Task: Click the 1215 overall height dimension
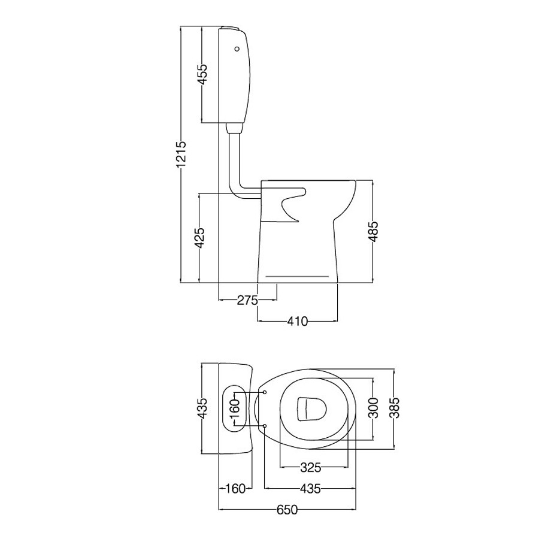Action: coord(181,155)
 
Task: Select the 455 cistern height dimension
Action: coord(202,74)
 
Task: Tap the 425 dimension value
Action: coord(199,238)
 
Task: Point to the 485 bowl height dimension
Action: coord(373,231)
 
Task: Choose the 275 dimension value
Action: coord(247,300)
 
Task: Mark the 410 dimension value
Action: coord(298,321)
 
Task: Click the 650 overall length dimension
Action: coord(287,510)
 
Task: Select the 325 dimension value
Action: coord(310,468)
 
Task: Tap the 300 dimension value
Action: coord(373,408)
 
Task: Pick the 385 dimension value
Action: coord(395,408)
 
